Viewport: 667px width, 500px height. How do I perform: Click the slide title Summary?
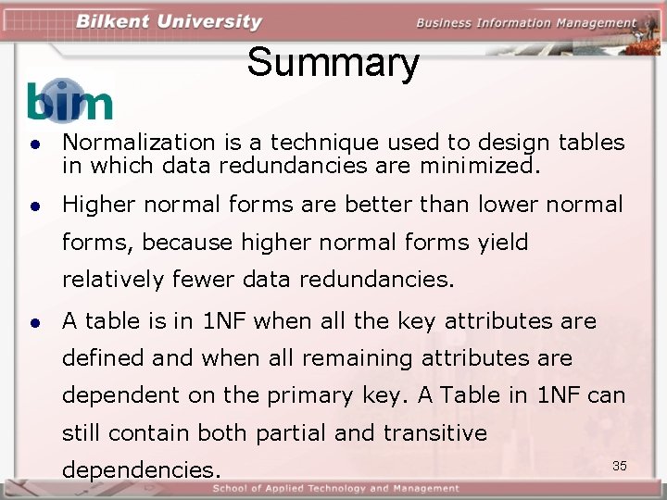click(333, 63)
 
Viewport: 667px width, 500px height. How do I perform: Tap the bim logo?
click(69, 101)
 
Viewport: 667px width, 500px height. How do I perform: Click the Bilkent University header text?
click(169, 21)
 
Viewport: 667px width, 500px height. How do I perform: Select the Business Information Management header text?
click(525, 23)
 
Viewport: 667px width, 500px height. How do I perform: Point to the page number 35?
click(620, 465)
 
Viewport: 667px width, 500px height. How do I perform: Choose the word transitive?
click(435, 432)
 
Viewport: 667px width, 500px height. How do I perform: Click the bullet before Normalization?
click(33, 144)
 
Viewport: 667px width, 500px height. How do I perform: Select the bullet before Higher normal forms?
click(33, 206)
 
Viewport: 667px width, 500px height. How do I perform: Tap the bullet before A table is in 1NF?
click(33, 323)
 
